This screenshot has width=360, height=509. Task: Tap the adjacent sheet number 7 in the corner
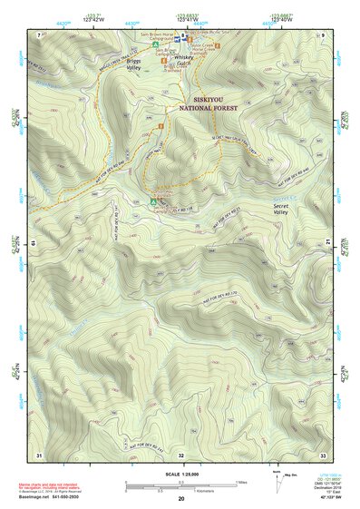[38, 34]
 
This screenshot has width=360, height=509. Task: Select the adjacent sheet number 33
[322, 454]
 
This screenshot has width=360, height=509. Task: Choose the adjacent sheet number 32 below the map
[180, 454]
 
